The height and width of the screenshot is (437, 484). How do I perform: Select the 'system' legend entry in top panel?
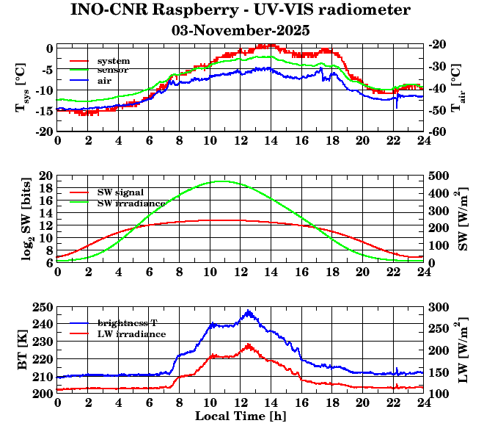(x=113, y=60)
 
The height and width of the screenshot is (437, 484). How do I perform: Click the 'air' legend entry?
(x=104, y=80)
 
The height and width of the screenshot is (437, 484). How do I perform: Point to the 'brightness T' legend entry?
(x=128, y=323)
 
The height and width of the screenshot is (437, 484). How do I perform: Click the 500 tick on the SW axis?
(x=439, y=176)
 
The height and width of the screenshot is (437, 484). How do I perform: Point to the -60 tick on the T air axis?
(x=438, y=131)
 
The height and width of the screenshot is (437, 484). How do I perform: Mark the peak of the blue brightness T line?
(x=249, y=311)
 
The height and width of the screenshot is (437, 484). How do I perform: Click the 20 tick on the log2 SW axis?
(x=46, y=176)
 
